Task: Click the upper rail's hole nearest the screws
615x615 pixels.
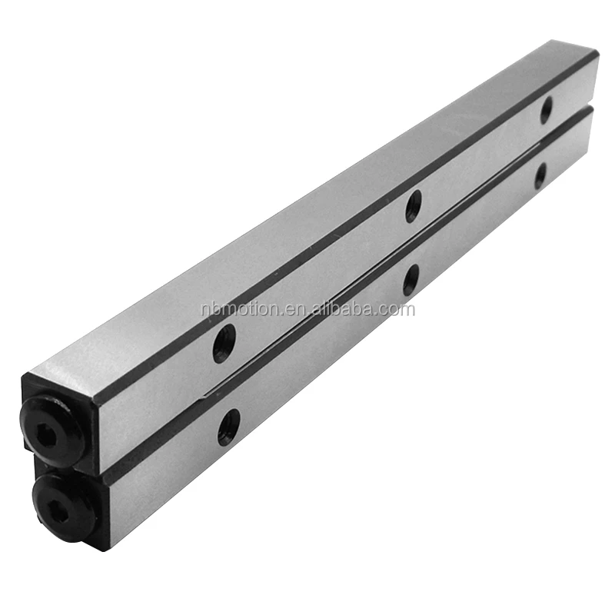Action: (224, 344)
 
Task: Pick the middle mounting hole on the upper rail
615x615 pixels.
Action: (414, 206)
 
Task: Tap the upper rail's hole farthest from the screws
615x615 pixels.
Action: (546, 110)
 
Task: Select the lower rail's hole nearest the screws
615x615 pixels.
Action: (228, 427)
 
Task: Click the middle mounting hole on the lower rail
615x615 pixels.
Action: (411, 280)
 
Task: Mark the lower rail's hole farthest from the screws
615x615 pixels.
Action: (540, 176)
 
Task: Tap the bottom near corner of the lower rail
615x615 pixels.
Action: (108, 548)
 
